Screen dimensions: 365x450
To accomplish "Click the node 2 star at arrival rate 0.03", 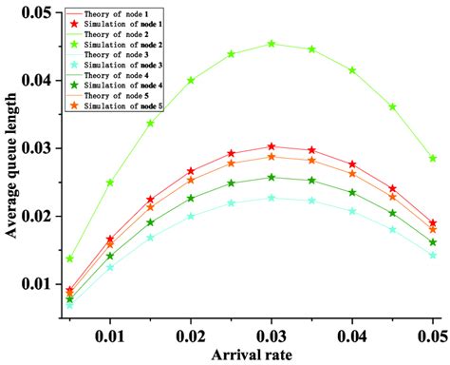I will (x=272, y=44).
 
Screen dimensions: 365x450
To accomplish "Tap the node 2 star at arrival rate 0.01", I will (x=110, y=182).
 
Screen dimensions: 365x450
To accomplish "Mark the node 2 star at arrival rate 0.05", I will (x=433, y=158).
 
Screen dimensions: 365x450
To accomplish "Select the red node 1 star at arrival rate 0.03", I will (x=272, y=146).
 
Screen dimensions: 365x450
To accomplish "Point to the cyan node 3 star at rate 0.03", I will (x=272, y=198).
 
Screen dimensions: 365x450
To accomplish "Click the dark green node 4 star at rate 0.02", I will (x=191, y=199).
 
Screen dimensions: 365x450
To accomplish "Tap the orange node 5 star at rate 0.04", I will (x=352, y=173).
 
